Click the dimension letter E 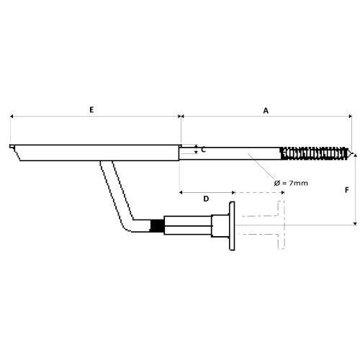tap(91, 110)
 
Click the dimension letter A tap(266, 111)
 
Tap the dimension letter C tap(203, 150)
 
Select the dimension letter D tap(206, 199)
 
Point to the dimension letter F tap(347, 190)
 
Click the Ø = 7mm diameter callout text tap(291, 183)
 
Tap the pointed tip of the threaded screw tap(353, 153)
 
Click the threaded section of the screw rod tap(315, 153)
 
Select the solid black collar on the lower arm tap(157, 226)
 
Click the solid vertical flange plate tap(232, 226)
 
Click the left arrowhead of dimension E tap(12, 117)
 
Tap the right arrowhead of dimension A tap(350, 117)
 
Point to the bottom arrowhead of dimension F tap(356, 223)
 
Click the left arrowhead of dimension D tap(181, 192)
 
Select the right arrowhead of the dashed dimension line tap(283, 192)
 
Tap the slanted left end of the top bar tap(17, 153)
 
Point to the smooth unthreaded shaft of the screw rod tap(230, 153)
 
